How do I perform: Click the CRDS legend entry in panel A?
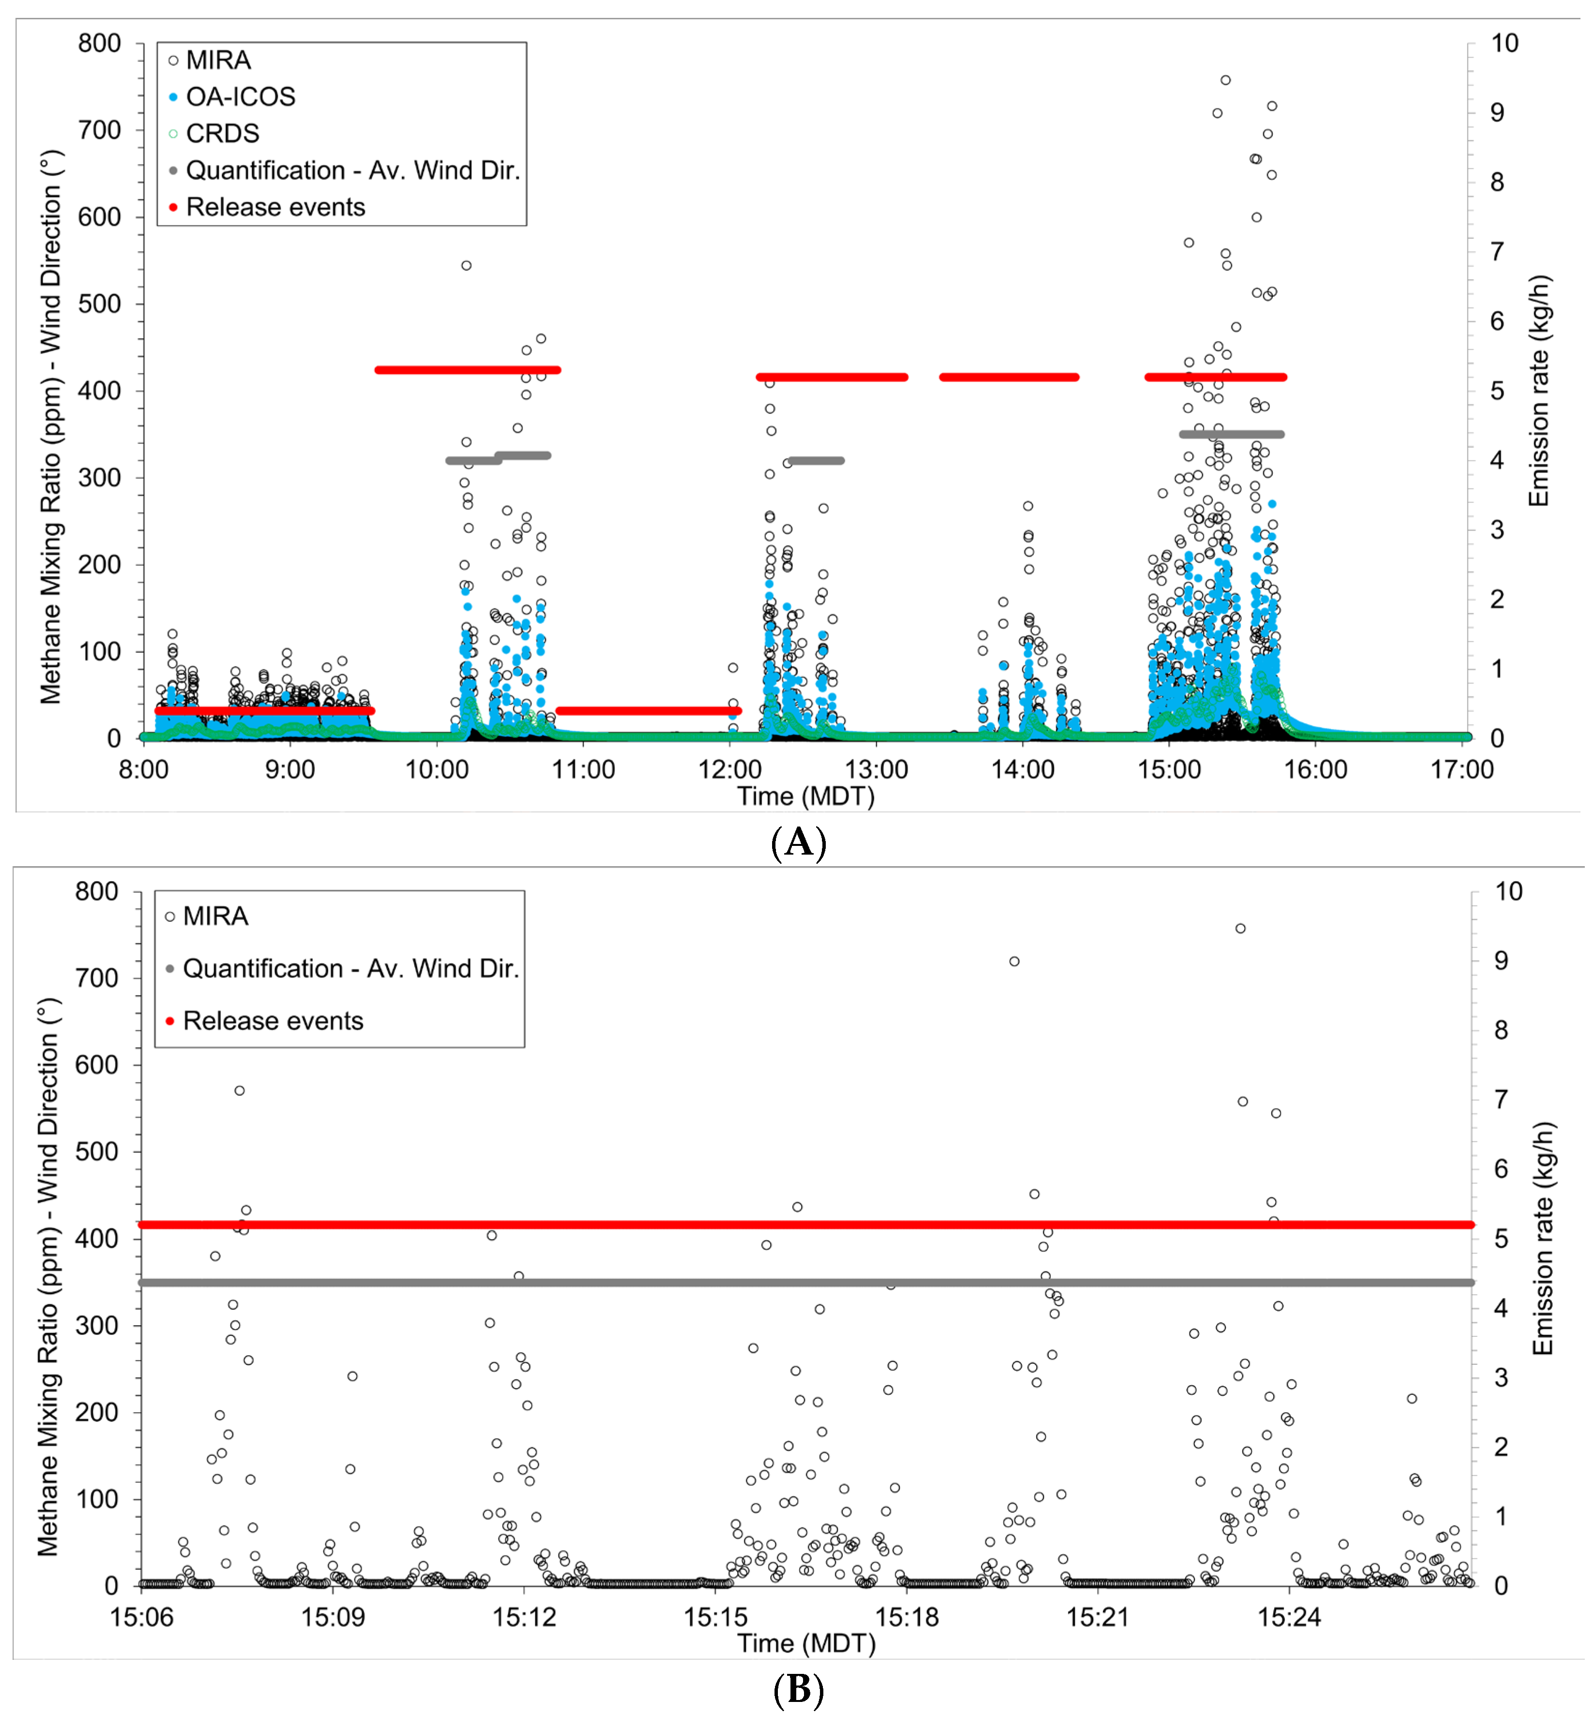(x=222, y=133)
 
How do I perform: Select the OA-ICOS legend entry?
(x=240, y=97)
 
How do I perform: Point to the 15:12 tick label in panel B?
(x=523, y=1617)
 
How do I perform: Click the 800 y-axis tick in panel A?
(x=99, y=43)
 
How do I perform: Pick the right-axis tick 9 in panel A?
(x=1497, y=113)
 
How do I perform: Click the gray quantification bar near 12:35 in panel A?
(x=816, y=460)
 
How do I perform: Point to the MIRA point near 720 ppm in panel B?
(x=1014, y=961)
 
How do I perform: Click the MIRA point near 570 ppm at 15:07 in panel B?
(x=240, y=1091)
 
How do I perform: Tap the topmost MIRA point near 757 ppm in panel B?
(x=1240, y=929)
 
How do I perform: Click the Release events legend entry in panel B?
(x=272, y=1021)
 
